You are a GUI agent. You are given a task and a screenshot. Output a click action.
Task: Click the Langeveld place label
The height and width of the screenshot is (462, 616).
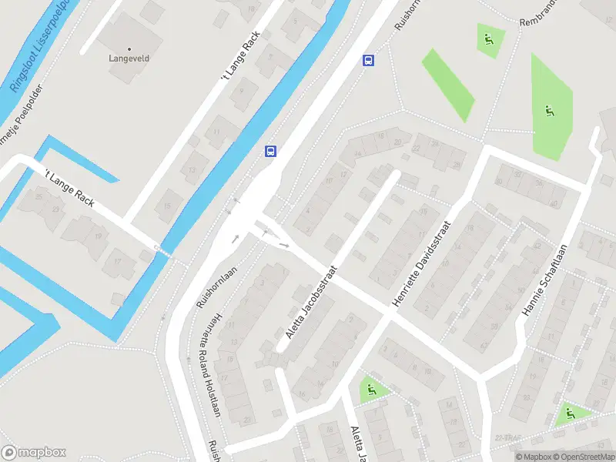(x=128, y=57)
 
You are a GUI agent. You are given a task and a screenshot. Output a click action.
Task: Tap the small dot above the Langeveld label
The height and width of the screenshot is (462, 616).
(x=129, y=48)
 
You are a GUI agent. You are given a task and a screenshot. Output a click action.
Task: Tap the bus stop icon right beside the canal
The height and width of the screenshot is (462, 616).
(x=270, y=151)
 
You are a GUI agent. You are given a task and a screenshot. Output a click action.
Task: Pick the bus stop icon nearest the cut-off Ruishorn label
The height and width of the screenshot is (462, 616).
(x=369, y=61)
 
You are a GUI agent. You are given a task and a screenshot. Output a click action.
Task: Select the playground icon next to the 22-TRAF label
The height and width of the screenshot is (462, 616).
(x=570, y=414)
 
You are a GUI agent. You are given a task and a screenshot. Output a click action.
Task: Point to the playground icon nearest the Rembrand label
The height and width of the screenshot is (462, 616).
(x=489, y=38)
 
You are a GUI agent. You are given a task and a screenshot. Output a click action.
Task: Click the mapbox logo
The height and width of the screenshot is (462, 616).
(x=34, y=453)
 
